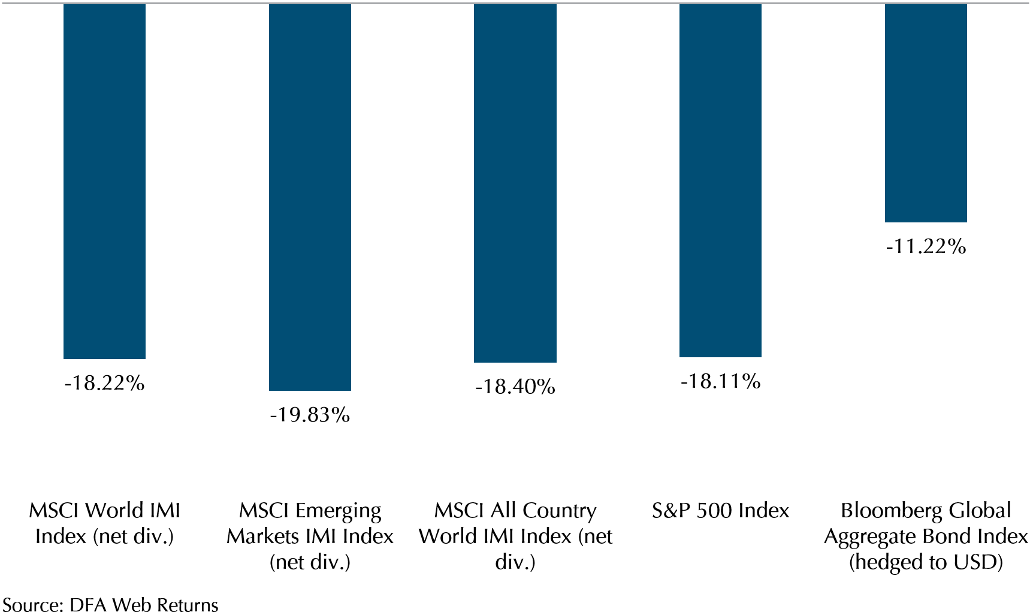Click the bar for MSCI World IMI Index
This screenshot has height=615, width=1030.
(x=104, y=181)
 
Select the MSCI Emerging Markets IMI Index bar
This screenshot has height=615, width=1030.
(x=310, y=197)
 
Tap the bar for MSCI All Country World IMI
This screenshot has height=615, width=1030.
(x=515, y=183)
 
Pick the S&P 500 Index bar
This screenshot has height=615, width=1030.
(x=720, y=180)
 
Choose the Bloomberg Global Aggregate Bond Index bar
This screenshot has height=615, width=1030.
(x=926, y=113)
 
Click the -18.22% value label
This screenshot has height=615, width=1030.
(x=105, y=383)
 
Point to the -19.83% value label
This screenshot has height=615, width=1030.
(x=310, y=415)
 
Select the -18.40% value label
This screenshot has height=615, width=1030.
(x=515, y=387)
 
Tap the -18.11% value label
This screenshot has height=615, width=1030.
(x=720, y=381)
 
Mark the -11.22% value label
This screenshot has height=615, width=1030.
(x=926, y=246)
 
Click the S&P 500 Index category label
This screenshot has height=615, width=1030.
(x=720, y=511)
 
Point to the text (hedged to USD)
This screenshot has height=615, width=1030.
(x=926, y=563)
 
